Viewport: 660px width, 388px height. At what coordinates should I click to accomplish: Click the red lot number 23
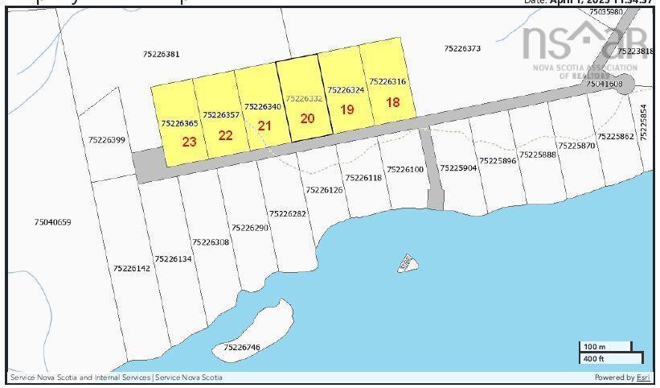189,142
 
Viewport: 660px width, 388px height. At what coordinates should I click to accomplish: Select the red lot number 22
225,134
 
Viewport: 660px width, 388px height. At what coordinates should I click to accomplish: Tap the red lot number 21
264,126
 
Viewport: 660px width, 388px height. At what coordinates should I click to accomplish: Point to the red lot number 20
307,118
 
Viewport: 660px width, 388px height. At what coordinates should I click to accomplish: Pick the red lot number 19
347,109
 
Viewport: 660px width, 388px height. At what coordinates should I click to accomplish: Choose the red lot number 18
392,102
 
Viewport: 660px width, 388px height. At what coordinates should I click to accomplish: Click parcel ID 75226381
161,54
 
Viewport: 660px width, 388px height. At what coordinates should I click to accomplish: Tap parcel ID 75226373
462,48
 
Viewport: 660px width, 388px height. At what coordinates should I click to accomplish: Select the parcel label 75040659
53,221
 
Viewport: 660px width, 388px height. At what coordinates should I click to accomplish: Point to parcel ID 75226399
107,140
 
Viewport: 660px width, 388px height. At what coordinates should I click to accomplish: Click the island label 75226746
242,347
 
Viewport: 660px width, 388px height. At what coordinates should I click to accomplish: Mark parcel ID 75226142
132,268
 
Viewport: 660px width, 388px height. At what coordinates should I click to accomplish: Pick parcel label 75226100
405,169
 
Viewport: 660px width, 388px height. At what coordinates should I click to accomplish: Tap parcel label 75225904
457,168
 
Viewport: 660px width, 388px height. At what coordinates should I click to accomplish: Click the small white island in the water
408,262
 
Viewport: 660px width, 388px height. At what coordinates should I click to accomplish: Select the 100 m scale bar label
594,347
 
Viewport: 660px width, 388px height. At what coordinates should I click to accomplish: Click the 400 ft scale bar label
594,358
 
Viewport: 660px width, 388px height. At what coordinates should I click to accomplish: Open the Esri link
643,378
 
